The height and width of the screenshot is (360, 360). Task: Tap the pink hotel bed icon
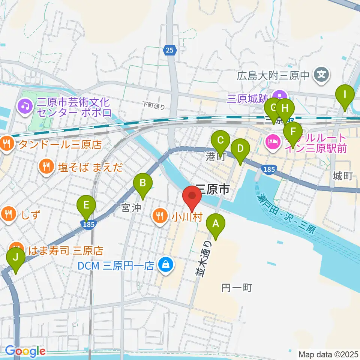[x=271, y=142]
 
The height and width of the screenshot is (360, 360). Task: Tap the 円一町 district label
[x=236, y=288]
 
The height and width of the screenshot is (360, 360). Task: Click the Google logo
[x=25, y=351]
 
